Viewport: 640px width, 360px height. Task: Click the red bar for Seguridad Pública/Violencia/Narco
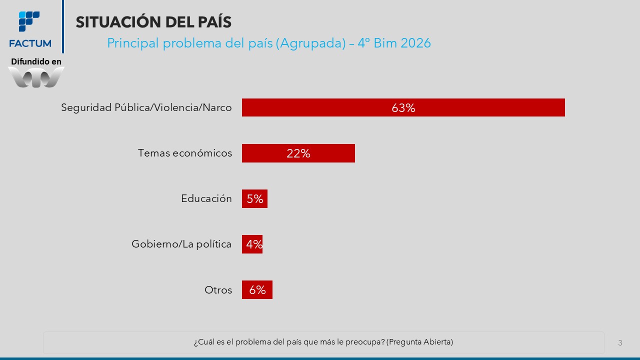coord(403,107)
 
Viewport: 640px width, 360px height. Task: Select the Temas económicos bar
coord(298,153)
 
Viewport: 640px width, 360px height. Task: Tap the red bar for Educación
coord(254,198)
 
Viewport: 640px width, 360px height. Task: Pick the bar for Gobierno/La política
coord(252,244)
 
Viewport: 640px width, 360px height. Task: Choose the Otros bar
coord(257,289)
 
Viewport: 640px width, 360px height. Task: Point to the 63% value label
coord(403,107)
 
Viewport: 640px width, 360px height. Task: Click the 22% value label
coord(298,153)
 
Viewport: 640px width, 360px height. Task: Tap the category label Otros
coord(218,290)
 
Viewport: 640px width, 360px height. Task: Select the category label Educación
coord(206,198)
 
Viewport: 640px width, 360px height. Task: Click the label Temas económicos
coord(185,153)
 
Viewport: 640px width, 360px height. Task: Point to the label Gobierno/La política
coord(181,244)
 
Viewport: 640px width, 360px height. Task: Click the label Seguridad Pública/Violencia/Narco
coord(146,107)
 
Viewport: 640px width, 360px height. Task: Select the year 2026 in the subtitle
coord(415,43)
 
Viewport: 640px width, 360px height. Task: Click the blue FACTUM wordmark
coord(30,43)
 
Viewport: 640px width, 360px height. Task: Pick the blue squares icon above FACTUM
coord(29,21)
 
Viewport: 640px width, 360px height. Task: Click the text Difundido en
coord(36,61)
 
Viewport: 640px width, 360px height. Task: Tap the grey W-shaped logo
coord(36,77)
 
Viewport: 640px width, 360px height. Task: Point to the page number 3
coord(620,343)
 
